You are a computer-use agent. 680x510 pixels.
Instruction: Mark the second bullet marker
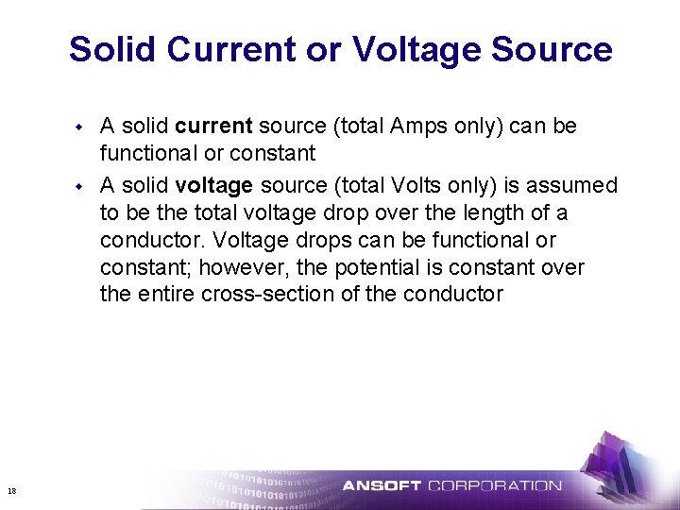81,184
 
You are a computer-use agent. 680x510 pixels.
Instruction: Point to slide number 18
11,490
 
